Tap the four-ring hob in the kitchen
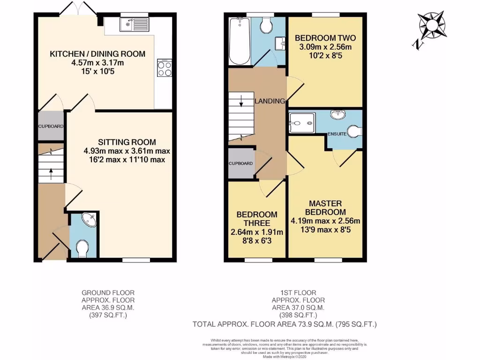[165, 69]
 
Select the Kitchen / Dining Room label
[97, 54]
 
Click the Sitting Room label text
[127, 142]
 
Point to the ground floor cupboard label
[50, 126]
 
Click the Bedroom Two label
[325, 38]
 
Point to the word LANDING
[270, 101]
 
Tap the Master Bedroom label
[325, 208]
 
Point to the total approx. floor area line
[285, 324]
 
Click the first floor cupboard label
[241, 164]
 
